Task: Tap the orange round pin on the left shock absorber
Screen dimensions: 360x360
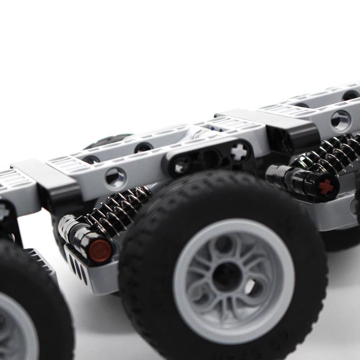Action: click(x=100, y=250)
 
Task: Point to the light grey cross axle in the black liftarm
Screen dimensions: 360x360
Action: click(x=239, y=151)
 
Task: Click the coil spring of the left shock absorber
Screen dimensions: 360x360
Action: click(x=118, y=210)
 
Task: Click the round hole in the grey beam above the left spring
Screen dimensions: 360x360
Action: click(x=116, y=177)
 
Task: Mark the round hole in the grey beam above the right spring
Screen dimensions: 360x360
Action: click(x=340, y=121)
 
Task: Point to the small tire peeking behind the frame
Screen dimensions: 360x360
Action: click(x=108, y=140)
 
